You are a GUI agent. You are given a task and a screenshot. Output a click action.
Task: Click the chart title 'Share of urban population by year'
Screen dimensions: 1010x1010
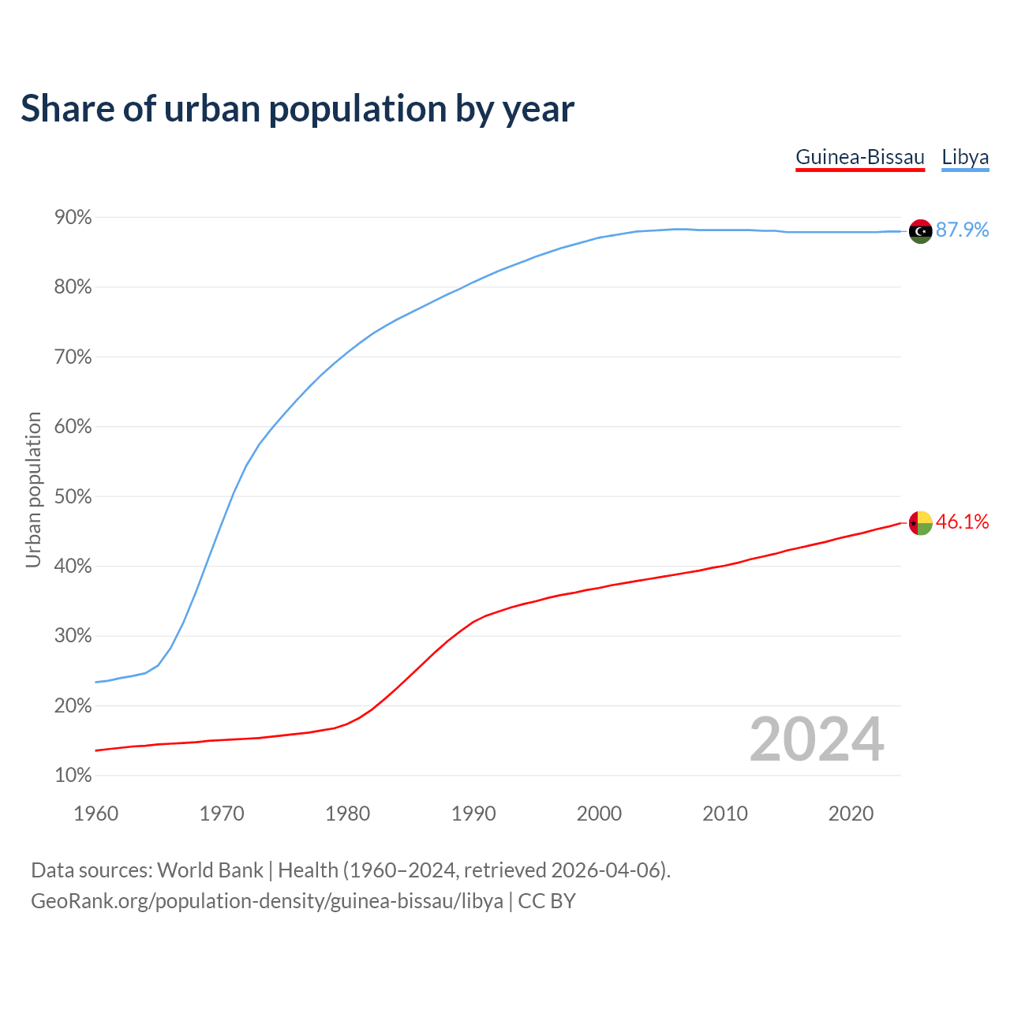[297, 109]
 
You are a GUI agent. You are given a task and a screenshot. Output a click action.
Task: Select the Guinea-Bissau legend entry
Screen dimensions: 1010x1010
[859, 157]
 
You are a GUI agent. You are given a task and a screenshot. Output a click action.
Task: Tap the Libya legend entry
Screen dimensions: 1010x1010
[965, 157]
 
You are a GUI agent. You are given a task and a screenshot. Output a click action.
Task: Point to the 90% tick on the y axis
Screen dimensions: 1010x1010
[73, 218]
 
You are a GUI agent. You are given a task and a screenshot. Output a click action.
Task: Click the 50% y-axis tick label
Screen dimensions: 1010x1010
[73, 497]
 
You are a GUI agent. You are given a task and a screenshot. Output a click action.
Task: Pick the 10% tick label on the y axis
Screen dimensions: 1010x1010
[73, 776]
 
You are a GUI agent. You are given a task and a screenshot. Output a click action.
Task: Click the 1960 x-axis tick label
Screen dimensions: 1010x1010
[95, 814]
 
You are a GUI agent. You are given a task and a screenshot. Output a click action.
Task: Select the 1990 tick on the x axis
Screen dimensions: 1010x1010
[473, 814]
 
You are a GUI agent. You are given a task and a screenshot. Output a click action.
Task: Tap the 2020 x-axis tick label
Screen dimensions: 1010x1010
[851, 814]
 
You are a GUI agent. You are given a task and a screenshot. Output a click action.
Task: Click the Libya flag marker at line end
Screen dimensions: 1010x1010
[920, 231]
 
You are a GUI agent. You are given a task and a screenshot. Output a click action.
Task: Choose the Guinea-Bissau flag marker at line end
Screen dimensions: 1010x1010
[920, 522]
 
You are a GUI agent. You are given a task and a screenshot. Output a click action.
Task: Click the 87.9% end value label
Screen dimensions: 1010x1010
[962, 230]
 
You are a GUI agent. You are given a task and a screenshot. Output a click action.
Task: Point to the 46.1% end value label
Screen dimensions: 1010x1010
[962, 522]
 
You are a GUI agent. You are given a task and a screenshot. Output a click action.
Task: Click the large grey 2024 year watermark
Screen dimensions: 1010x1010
[817, 740]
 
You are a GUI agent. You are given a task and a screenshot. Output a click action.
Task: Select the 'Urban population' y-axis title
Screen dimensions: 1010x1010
[33, 489]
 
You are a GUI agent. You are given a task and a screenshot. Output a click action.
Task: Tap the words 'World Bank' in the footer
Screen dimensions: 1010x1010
[210, 870]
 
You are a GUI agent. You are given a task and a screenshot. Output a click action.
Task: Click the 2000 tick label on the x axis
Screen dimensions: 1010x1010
[599, 814]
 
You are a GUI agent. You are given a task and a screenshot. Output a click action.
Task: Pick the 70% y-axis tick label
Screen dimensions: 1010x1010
[73, 357]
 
